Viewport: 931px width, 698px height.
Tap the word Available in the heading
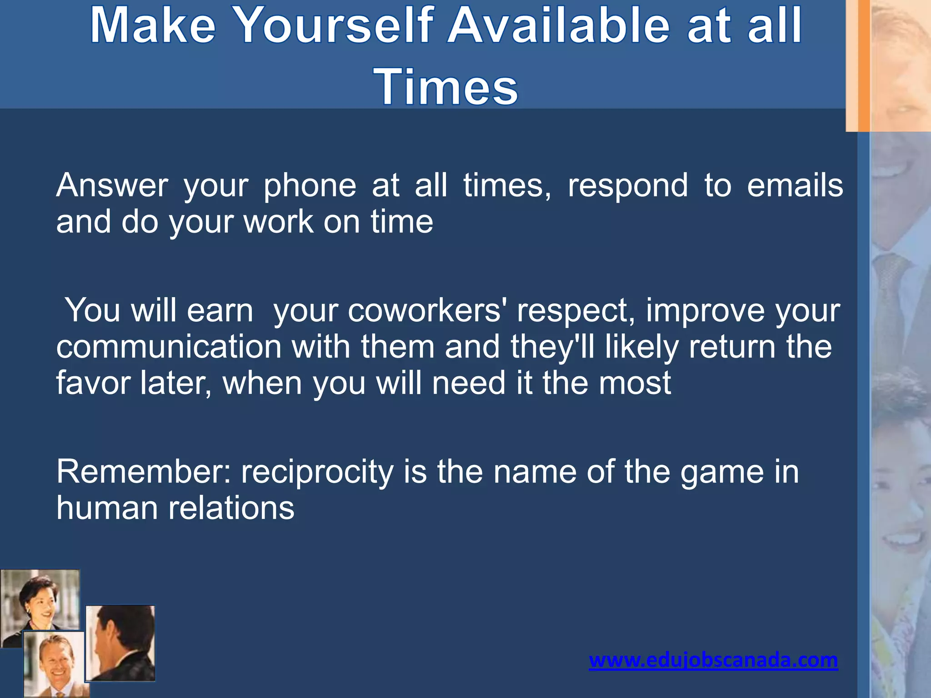tap(559, 25)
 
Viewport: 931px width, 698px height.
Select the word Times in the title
tap(445, 86)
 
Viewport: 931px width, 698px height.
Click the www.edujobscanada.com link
tap(713, 660)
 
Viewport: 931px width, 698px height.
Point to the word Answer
tap(112, 185)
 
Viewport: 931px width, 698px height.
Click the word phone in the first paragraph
tap(310, 185)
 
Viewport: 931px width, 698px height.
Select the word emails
tap(795, 185)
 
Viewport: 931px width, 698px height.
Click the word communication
tap(169, 347)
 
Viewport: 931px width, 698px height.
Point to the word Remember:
tap(144, 472)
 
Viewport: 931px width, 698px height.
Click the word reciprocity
tap(317, 472)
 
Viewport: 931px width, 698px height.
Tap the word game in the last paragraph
tap(720, 472)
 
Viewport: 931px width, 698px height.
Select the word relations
tap(231, 508)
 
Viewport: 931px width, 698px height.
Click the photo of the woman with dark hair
tap(40, 600)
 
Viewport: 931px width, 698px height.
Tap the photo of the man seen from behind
tap(121, 643)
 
